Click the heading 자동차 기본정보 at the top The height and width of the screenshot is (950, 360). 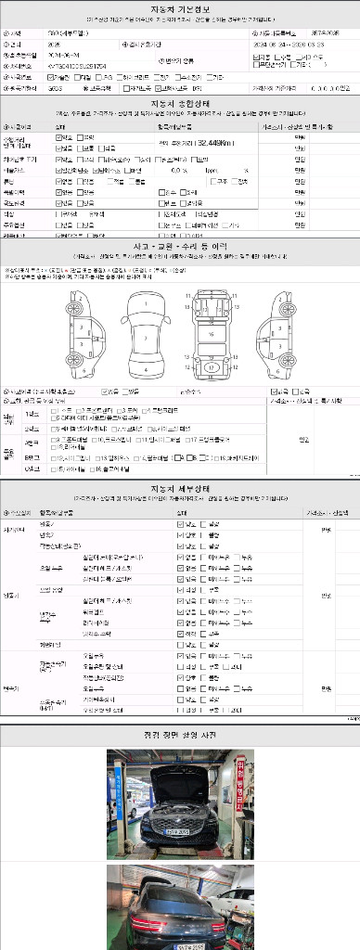click(x=181, y=7)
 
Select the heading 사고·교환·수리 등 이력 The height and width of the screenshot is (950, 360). click(x=181, y=246)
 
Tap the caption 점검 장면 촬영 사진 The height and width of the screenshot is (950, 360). click(x=181, y=733)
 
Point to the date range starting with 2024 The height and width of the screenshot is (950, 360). click(x=288, y=43)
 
